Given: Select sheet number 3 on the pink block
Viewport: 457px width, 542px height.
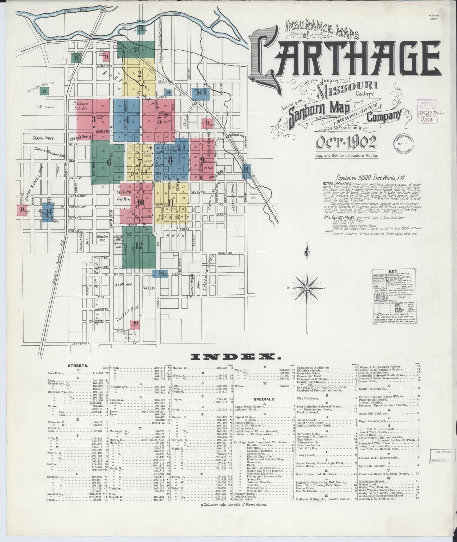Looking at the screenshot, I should (94, 119).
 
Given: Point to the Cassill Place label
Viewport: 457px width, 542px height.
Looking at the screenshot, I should (43, 138).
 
